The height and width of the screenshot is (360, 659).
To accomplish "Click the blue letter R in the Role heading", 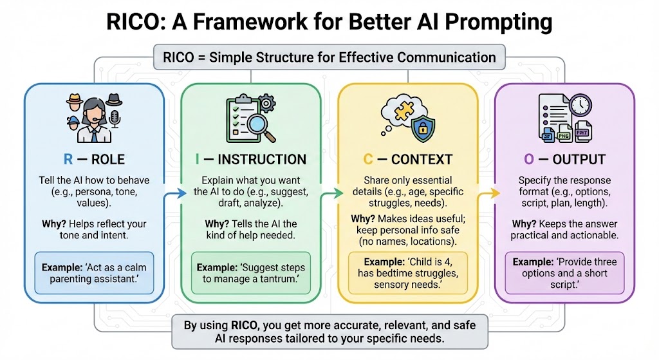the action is pos(68,160).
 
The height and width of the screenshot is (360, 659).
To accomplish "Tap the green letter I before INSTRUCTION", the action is pos(197,160).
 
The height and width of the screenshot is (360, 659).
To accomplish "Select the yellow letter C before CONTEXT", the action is pos(367,160).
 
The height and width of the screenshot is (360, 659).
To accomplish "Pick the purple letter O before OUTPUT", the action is pos(529,160).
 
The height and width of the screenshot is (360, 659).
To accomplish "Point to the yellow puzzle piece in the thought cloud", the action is pos(404,110).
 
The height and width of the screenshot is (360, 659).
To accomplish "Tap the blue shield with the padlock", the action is pos(422,129).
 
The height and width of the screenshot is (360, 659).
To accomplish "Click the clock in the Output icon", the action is pos(581,105).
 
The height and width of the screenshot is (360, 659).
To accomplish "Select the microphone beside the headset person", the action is pos(115,119).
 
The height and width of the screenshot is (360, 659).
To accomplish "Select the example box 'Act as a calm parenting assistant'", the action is pos(94,273).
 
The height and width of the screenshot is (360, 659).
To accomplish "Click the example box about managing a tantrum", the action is pos(251,273).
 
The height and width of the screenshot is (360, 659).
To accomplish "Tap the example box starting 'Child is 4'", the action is pos(407,273).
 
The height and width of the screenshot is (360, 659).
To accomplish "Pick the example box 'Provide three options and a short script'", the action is pos(564,273).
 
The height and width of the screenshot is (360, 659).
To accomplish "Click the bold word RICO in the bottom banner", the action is pos(244,325).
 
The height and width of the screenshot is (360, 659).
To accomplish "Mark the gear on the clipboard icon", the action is pos(266,103).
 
